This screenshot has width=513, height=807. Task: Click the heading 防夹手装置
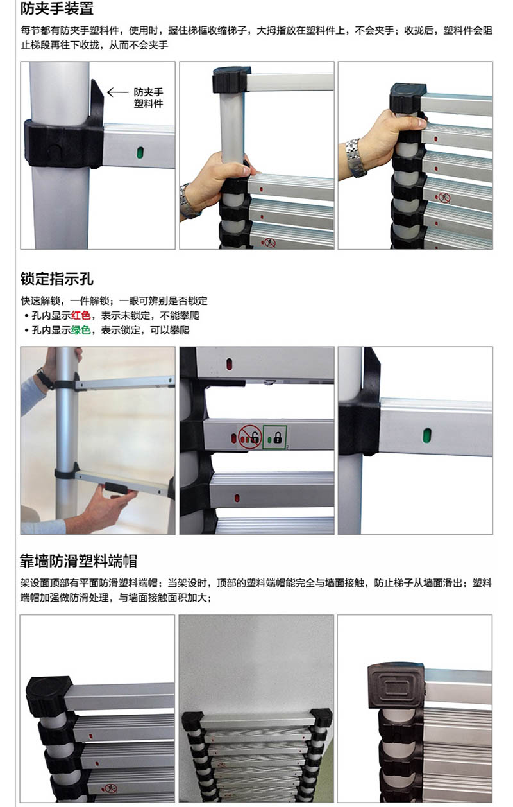tap(57, 8)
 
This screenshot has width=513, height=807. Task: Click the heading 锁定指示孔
tap(57, 279)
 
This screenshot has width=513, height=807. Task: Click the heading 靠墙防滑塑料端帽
tap(78, 561)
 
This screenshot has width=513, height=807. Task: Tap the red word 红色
tap(81, 316)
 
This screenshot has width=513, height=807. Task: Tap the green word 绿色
tap(81, 330)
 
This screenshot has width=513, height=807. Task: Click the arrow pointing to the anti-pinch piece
tap(117, 92)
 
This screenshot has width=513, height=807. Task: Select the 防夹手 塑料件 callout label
tap(148, 98)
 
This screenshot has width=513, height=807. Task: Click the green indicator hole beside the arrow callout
tap(140, 152)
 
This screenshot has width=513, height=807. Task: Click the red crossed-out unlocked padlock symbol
tap(249, 437)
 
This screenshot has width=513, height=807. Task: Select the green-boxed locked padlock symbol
tap(274, 437)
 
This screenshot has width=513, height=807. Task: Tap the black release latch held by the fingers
tap(116, 490)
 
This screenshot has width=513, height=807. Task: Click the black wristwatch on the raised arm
tap(45, 379)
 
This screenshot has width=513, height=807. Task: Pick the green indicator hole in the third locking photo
tap(427, 435)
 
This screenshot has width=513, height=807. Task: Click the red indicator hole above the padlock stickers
tap(229, 364)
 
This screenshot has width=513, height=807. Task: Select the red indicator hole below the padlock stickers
tap(237, 499)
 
